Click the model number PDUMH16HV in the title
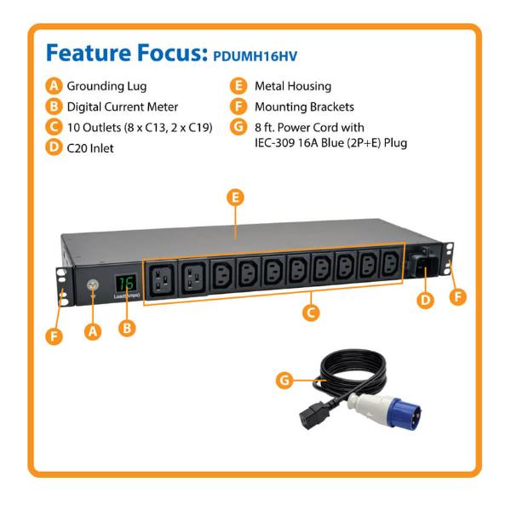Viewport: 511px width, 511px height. (x=255, y=56)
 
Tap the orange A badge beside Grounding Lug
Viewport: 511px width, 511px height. (x=54, y=86)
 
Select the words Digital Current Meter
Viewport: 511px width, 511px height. (x=122, y=107)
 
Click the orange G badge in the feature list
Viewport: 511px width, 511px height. (x=238, y=127)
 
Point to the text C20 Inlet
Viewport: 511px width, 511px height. (x=90, y=148)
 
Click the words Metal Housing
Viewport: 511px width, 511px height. (x=293, y=86)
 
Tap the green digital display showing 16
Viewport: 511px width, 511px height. (x=126, y=283)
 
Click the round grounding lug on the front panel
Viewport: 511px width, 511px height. (x=93, y=285)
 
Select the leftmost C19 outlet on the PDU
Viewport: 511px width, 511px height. (x=161, y=279)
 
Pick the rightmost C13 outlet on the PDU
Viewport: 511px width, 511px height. (x=391, y=262)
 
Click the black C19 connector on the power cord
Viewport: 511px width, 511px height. (x=315, y=415)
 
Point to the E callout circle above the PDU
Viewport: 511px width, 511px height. (x=236, y=198)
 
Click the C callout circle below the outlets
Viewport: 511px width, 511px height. (x=311, y=313)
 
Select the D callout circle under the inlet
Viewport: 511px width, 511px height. (x=425, y=300)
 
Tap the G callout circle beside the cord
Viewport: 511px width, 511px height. (x=284, y=380)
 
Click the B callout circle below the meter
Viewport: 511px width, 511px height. (x=127, y=328)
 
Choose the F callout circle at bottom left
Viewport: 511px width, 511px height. (x=55, y=336)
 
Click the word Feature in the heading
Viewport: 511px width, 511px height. (x=89, y=53)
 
